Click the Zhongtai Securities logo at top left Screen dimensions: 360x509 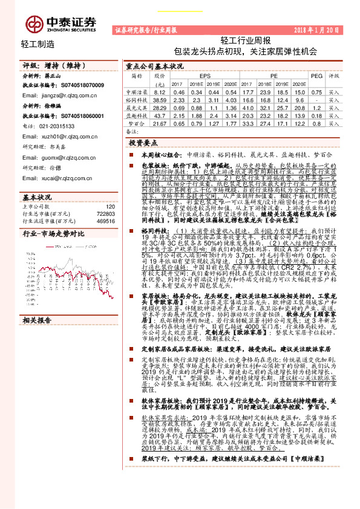coord(61,23)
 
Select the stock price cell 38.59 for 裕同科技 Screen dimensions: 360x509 coord(160,98)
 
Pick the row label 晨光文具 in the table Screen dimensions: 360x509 coord(137,106)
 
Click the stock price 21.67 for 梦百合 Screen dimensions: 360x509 coord(160,123)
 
